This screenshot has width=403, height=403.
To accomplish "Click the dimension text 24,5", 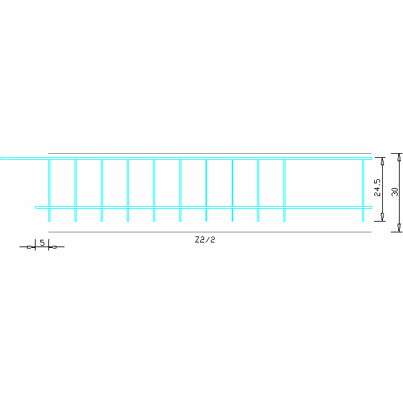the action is (377, 187).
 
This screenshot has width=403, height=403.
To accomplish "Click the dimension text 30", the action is (395, 191).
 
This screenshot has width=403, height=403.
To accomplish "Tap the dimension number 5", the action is (42, 242).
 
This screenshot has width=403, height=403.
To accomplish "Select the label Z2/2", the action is (205, 240).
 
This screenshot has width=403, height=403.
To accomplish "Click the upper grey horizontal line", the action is (210, 153).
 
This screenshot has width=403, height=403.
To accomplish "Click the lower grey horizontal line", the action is (210, 232).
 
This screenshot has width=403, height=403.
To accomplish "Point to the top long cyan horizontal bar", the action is (186, 159).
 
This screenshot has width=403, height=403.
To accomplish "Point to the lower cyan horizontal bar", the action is (204, 208).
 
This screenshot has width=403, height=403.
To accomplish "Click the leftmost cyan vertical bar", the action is (49, 190).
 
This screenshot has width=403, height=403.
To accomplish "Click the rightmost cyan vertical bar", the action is (363, 190).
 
